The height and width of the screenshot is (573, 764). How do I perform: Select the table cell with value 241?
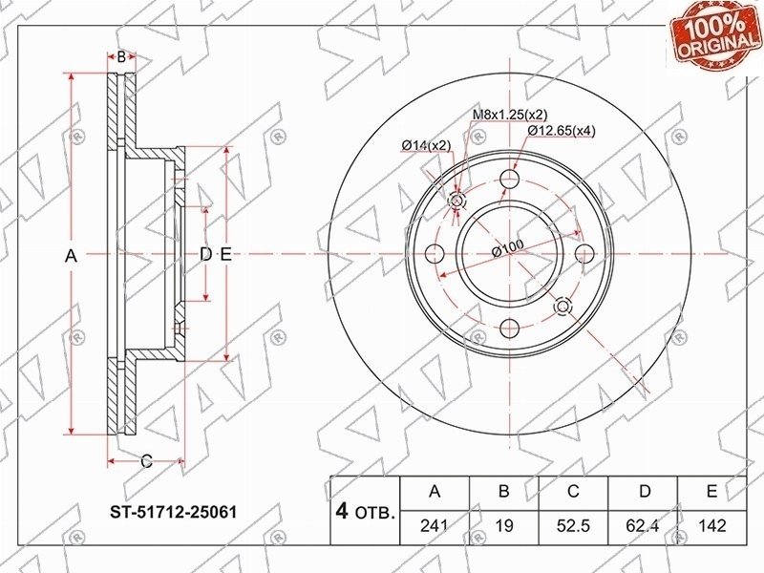click(x=435, y=526)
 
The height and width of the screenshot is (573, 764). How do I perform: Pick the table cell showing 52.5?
click(x=574, y=526)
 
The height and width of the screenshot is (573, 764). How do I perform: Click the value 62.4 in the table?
click(x=643, y=526)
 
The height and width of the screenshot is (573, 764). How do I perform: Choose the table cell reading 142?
click(x=711, y=526)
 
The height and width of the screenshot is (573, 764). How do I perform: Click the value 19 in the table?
click(x=504, y=526)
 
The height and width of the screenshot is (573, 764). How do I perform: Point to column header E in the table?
click(x=711, y=492)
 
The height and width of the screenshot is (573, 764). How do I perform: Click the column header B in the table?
click(x=504, y=492)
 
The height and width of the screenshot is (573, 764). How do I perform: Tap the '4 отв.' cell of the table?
click(x=365, y=511)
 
